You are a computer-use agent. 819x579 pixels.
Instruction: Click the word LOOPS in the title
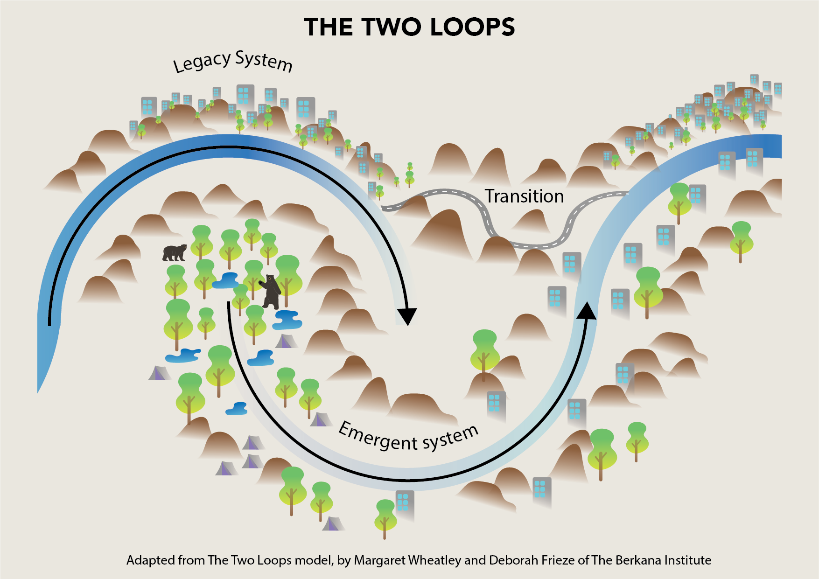[472, 27]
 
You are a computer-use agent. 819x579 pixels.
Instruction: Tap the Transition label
[524, 196]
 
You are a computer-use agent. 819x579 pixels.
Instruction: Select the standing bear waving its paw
[271, 292]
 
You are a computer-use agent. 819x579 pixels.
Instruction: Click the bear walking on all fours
[175, 252]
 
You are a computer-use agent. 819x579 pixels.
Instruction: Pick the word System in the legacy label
[264, 61]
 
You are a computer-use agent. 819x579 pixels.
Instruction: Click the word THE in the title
[328, 27]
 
